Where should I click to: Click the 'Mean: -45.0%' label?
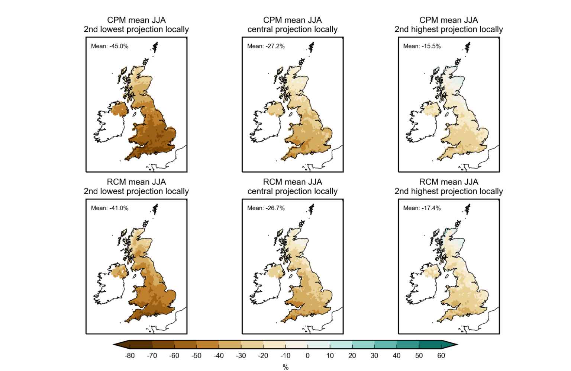coord(110,46)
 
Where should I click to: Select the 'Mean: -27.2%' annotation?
coord(266,46)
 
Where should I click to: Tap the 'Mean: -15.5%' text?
coord(422,46)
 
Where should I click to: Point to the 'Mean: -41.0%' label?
coord(110,208)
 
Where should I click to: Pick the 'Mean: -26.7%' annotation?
coord(266,208)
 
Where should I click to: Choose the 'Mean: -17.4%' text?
coord(422,208)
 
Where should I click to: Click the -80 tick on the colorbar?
coord(129,355)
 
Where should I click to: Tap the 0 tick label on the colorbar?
coord(307,355)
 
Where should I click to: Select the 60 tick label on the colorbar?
coord(441,355)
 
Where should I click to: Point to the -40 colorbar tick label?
coord(219,355)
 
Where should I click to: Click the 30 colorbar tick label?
coord(374,355)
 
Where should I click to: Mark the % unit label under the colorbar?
coord(285,367)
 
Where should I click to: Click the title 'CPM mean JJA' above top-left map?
coord(136,20)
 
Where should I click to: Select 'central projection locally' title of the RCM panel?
coord(293,191)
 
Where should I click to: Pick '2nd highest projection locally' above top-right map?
coord(449,29)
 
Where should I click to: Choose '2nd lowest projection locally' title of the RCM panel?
coord(136,191)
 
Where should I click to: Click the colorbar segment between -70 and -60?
coord(163,345)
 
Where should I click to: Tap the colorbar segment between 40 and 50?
coord(408,345)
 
